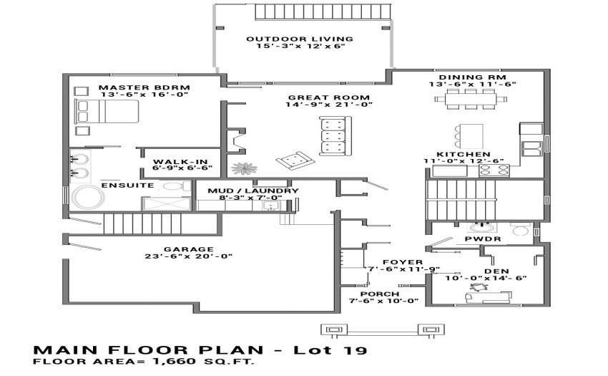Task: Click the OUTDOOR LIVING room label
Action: tap(300, 39)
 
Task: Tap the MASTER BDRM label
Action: tap(144, 88)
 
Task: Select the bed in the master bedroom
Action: tap(107, 112)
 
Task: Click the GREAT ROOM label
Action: tap(329, 97)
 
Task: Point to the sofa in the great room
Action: tap(335, 135)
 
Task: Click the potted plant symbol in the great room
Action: tap(244, 168)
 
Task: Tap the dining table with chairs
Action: tap(471, 99)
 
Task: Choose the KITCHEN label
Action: tap(464, 154)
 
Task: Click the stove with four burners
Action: tap(494, 170)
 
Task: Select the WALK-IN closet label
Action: tap(180, 162)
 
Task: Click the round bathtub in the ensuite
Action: tap(89, 198)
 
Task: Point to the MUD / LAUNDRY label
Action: tap(252, 191)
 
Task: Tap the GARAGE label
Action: tap(188, 249)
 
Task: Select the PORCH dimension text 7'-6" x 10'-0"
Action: tap(383, 301)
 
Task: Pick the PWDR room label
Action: tap(483, 239)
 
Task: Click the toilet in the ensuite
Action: tap(175, 186)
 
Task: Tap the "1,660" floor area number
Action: tap(175, 361)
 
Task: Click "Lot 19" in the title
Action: tap(330, 350)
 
